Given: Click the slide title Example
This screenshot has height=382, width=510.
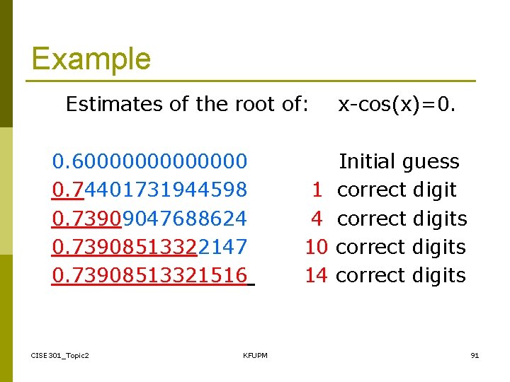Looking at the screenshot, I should [x=91, y=58].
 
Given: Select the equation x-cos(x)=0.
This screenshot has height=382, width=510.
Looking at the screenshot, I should [x=397, y=105].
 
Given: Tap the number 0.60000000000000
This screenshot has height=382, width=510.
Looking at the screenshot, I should [x=149, y=161].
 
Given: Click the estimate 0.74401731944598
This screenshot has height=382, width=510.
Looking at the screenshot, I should [x=149, y=190].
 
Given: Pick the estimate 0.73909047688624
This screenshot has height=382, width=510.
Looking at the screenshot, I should [x=149, y=219].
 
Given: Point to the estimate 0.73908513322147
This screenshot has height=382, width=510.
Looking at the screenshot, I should [x=149, y=247].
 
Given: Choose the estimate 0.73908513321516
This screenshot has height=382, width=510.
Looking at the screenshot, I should [x=149, y=275].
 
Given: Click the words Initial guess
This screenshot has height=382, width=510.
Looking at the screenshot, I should [x=399, y=161].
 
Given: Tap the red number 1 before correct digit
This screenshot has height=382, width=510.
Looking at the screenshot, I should [x=317, y=190].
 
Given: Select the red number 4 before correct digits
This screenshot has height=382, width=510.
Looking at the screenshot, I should [x=317, y=219].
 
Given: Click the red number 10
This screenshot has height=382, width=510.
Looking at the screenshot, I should [x=316, y=247].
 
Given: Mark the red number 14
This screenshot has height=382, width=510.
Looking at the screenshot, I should [x=316, y=275].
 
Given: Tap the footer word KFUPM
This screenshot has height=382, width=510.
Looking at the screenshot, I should [x=255, y=355].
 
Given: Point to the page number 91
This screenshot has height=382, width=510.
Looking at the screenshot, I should [x=475, y=355].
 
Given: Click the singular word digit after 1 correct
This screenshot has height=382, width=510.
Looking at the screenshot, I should [x=433, y=190].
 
